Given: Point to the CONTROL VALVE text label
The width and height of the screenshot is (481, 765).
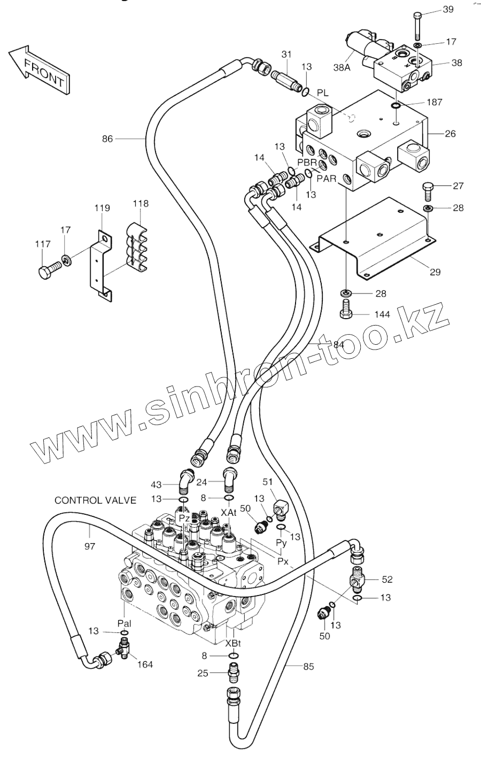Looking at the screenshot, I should click(x=96, y=500).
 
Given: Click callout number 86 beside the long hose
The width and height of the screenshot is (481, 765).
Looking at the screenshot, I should click(x=107, y=139).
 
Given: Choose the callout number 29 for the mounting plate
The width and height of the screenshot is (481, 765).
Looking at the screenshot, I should click(x=435, y=272).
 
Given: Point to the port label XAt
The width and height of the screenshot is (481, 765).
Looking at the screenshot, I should click(x=229, y=512).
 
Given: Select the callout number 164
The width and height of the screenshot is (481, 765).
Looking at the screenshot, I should click(x=145, y=664).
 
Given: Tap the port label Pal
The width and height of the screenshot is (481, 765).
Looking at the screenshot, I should click(x=125, y=623).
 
